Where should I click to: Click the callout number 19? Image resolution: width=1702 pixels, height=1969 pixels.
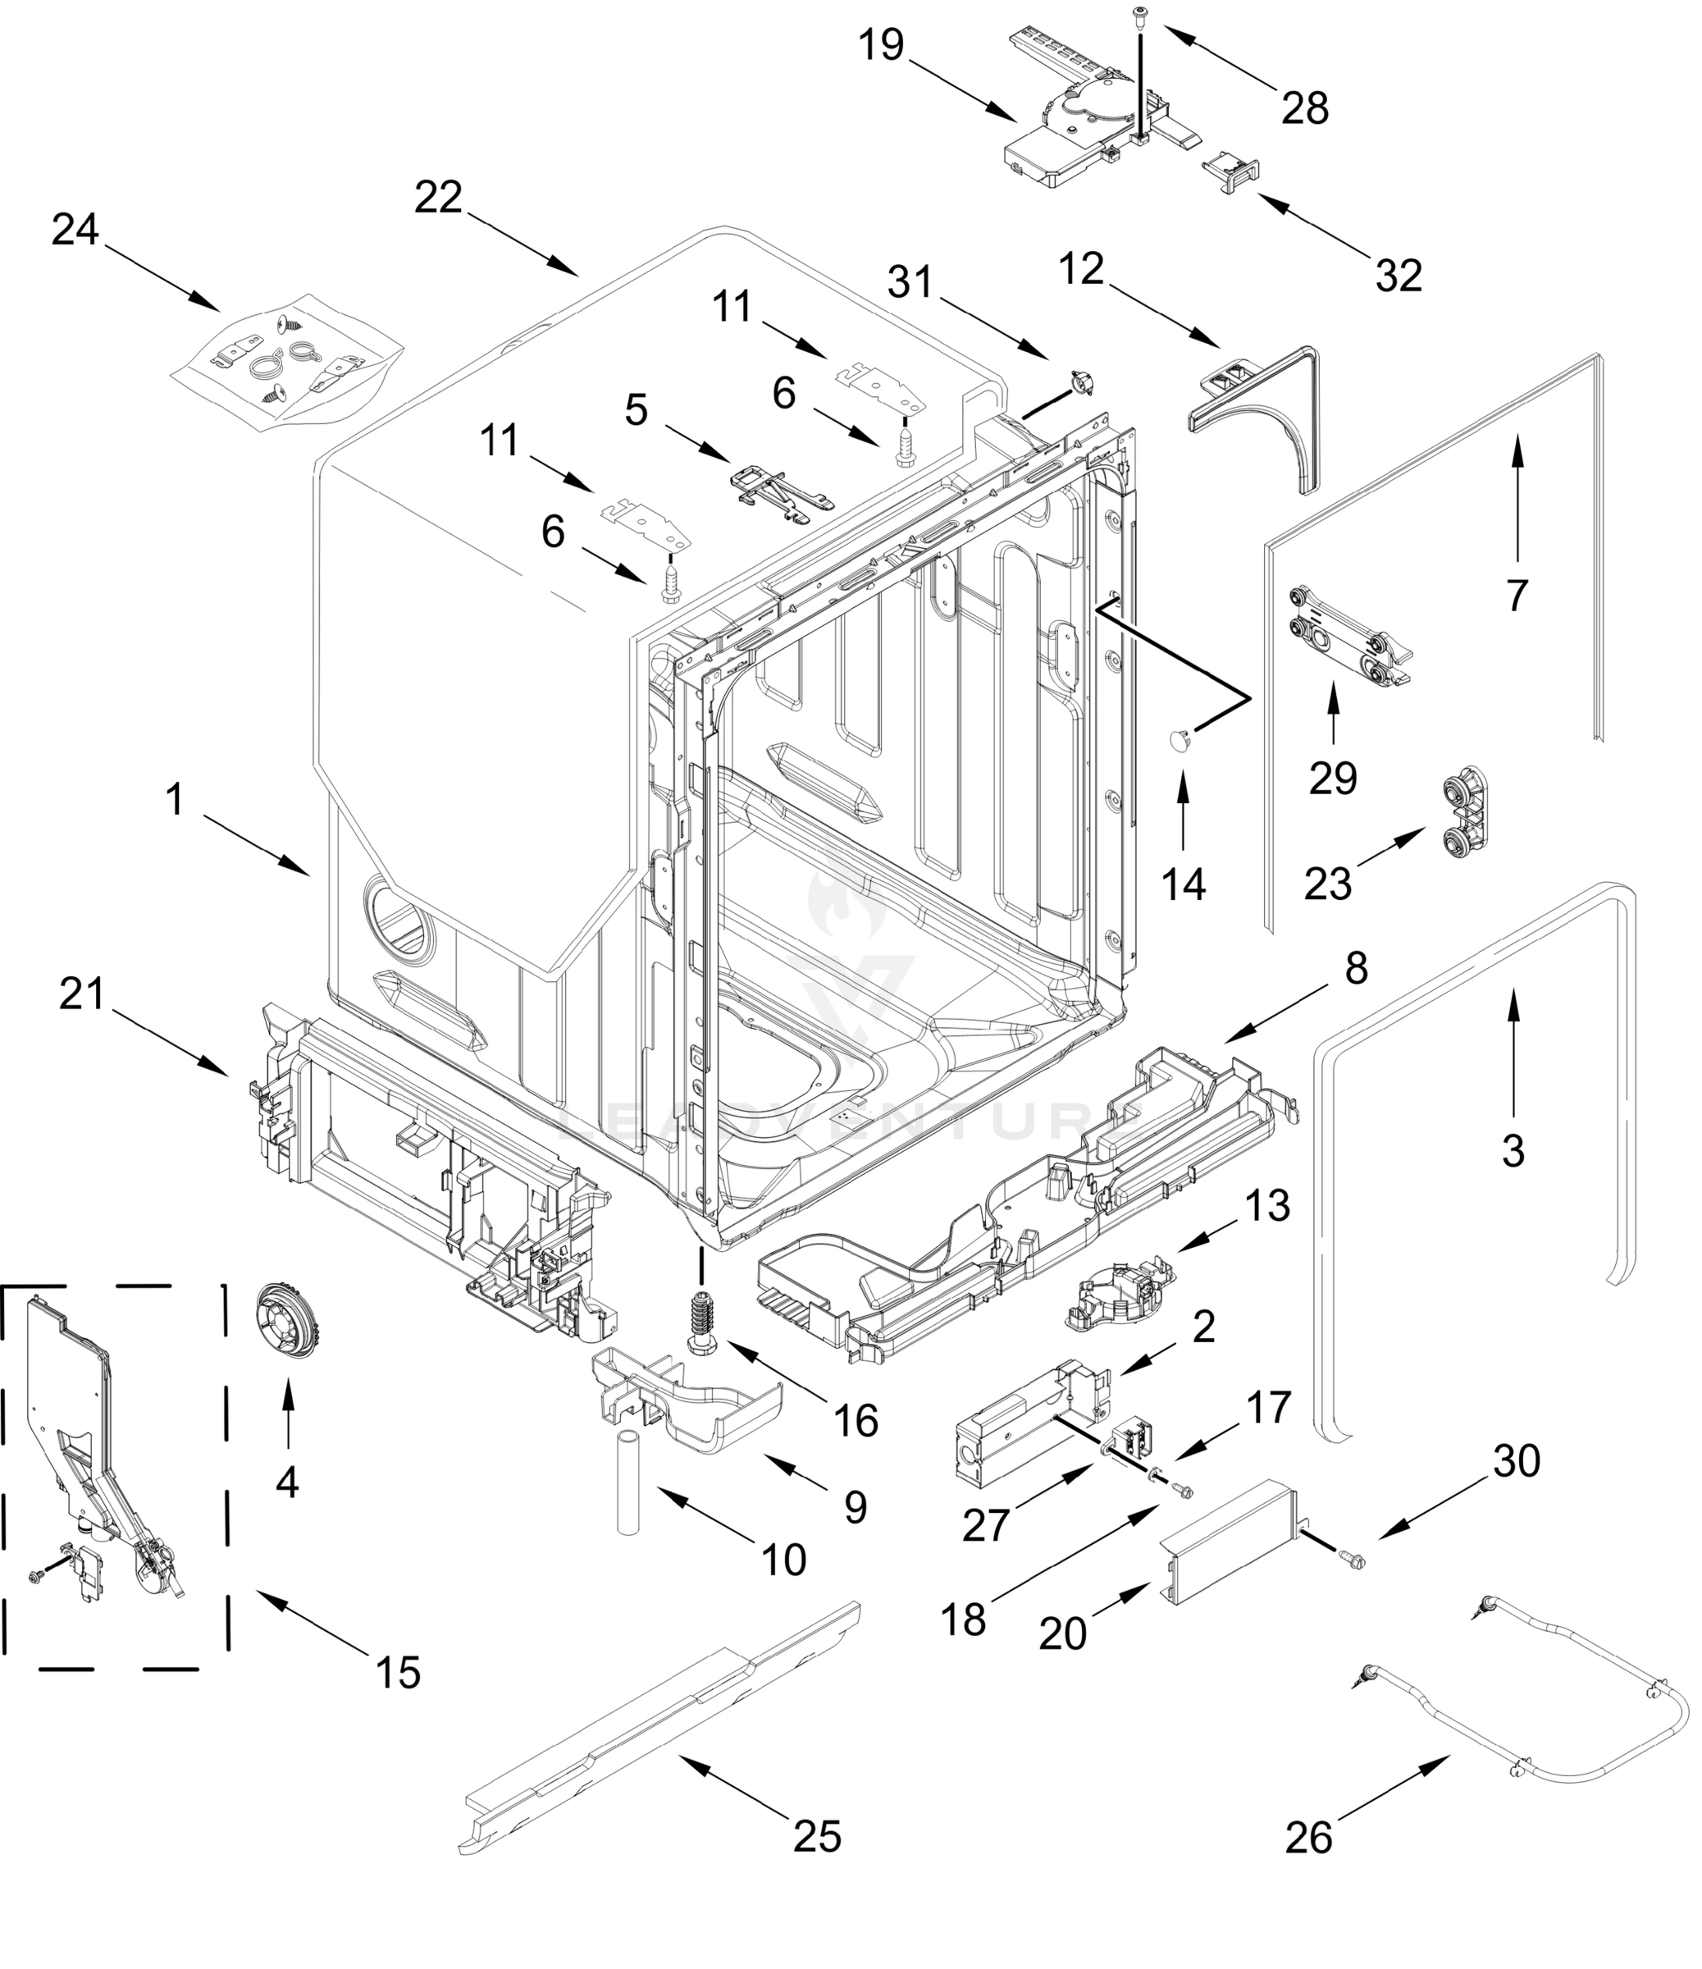coord(880,44)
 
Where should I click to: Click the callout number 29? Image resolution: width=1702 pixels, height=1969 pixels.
coord(1332,779)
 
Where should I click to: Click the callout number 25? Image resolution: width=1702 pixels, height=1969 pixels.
coord(817,1836)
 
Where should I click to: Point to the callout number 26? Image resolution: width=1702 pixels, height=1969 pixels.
coord(1308,1838)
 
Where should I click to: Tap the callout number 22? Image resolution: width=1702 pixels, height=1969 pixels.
coord(438,198)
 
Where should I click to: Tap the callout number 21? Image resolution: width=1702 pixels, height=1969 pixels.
coord(82,994)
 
